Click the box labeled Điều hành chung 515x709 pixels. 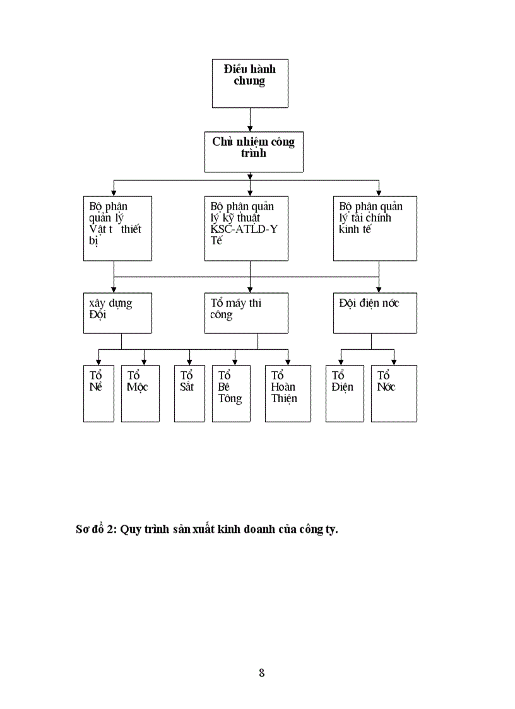(x=250, y=83)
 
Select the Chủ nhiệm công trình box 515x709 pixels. (x=250, y=152)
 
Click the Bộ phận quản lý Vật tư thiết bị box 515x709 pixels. (x=117, y=228)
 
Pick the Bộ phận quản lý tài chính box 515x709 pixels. (x=375, y=228)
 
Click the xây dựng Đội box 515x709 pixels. (x=117, y=313)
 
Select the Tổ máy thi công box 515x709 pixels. (x=246, y=313)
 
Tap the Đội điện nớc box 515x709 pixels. (x=375, y=313)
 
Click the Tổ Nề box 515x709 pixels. (x=98, y=393)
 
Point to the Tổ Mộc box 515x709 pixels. (x=140, y=393)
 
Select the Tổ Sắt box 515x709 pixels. (x=189, y=393)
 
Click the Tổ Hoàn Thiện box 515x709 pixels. (x=288, y=393)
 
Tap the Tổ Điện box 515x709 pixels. (x=345, y=393)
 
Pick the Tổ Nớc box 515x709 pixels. (x=394, y=393)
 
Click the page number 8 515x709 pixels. (x=261, y=672)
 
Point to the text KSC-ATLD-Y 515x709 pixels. (x=244, y=229)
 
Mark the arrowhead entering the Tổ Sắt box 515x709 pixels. (x=189, y=362)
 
